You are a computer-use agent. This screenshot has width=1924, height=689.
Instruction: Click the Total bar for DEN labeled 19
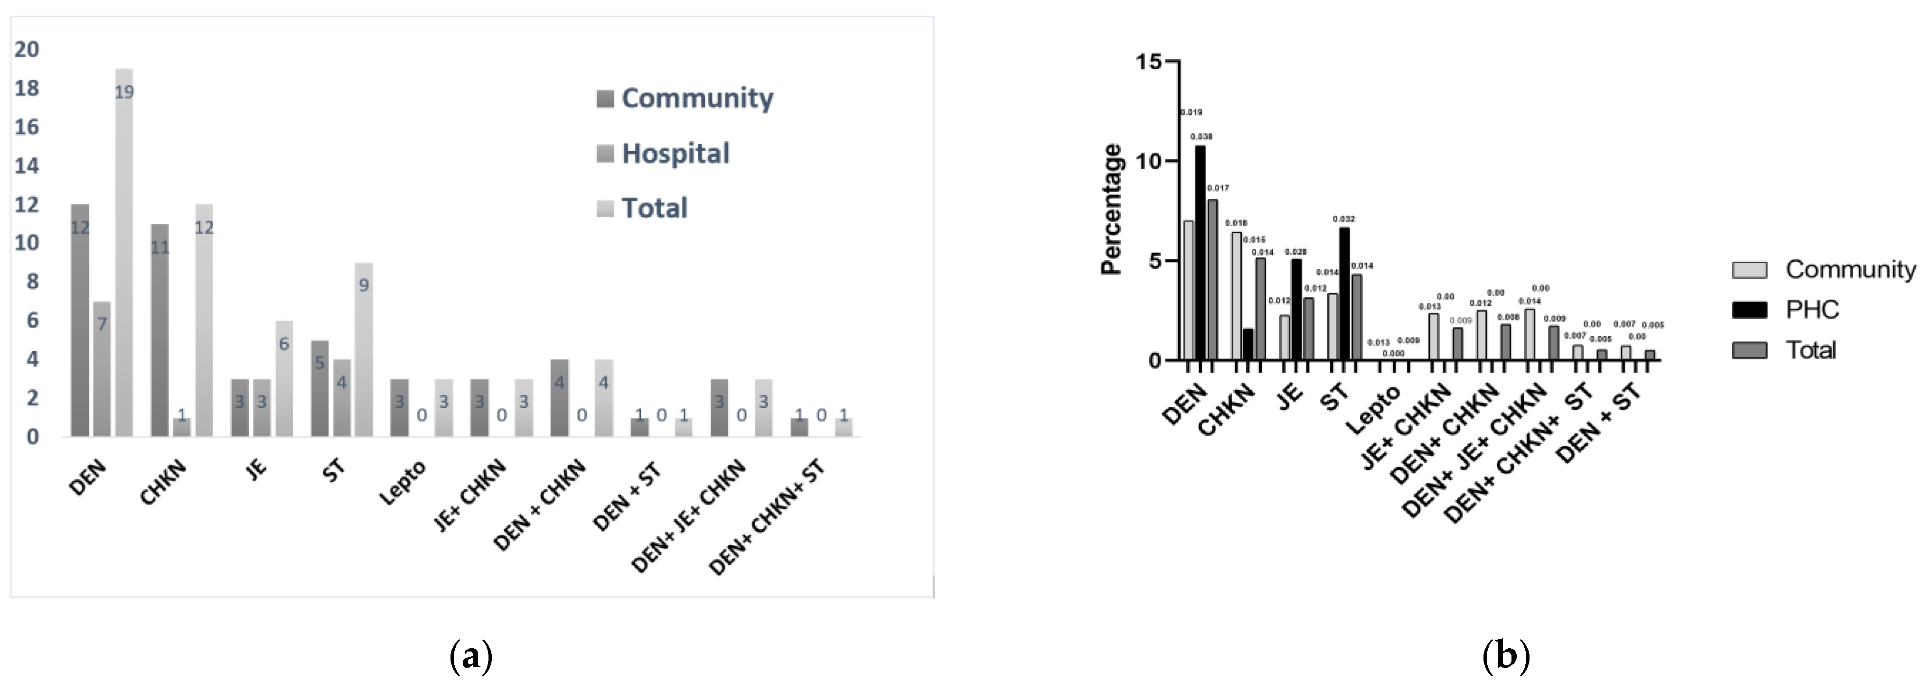[x=124, y=254]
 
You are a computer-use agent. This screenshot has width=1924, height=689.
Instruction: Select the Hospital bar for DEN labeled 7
[x=102, y=369]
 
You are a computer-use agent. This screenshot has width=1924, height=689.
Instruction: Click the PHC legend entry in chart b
[x=1811, y=310]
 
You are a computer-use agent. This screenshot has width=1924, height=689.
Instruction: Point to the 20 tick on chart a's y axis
[x=27, y=49]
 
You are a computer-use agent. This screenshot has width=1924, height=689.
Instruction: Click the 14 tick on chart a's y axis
[x=27, y=165]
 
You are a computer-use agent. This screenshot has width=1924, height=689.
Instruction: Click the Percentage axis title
[x=1112, y=209]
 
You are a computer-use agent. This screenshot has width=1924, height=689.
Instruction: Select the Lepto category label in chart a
[x=403, y=483]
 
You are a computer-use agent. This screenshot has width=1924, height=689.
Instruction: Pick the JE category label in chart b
[x=1290, y=396]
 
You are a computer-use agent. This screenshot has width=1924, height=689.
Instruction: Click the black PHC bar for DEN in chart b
[x=1200, y=254]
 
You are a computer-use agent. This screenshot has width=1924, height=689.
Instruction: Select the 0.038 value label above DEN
[x=1201, y=137]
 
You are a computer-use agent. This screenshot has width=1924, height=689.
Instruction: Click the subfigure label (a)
[x=471, y=657]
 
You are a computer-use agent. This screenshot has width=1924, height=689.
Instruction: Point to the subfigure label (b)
[x=1506, y=657]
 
